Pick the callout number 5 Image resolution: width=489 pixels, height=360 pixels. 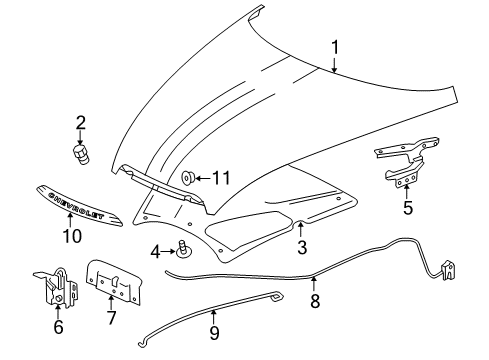[x=407, y=208]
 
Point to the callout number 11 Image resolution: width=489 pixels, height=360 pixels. [x=221, y=177]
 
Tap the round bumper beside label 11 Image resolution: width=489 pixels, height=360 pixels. [x=189, y=178]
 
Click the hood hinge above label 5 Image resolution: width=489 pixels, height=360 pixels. [x=404, y=160]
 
